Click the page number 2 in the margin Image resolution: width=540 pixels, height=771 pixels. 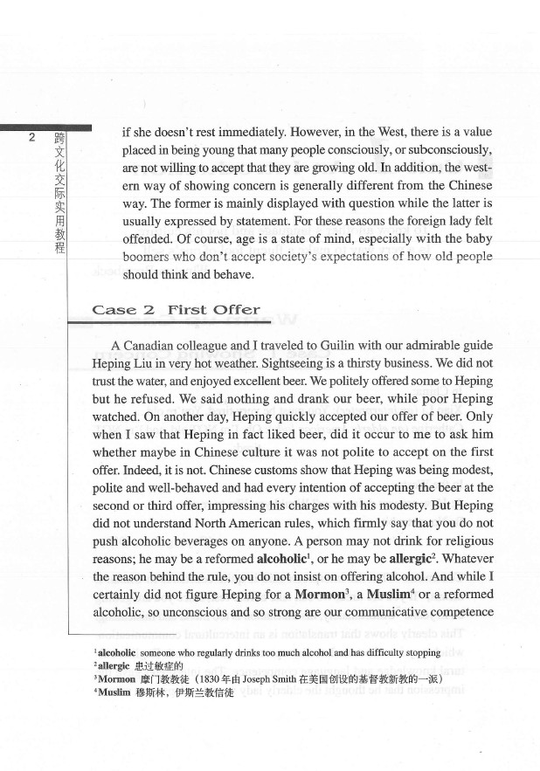tap(31, 137)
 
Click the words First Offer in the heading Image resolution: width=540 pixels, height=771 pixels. tap(213, 309)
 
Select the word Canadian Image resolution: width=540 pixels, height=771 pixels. tap(154, 344)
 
